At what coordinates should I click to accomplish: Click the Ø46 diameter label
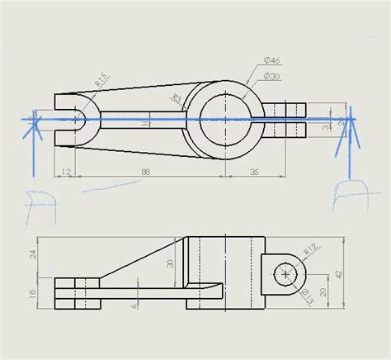(273, 60)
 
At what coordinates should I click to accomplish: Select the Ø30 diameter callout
(273, 76)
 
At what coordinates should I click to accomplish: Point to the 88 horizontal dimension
(145, 171)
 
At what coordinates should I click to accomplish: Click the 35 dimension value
(254, 171)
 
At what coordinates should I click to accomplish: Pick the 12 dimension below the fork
(65, 171)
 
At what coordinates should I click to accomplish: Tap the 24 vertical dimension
(33, 256)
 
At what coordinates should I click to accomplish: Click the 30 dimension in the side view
(171, 264)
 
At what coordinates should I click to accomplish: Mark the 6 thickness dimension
(134, 305)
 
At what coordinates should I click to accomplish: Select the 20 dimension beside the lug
(323, 291)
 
